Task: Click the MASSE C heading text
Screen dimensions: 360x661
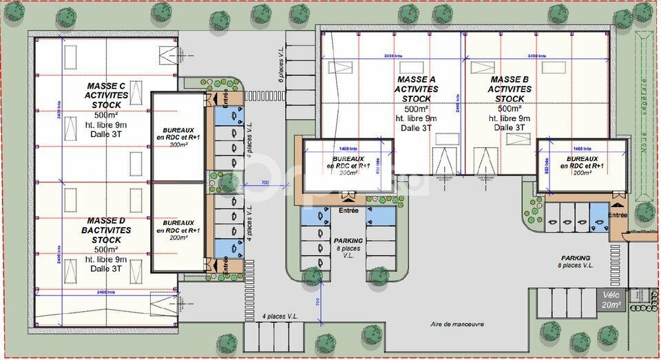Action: click(x=107, y=85)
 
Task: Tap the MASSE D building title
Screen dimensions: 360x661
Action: click(x=107, y=220)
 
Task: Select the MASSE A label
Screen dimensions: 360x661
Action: click(x=417, y=80)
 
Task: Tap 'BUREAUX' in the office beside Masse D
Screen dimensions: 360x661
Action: click(x=178, y=223)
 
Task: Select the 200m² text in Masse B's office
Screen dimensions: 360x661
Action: click(x=582, y=173)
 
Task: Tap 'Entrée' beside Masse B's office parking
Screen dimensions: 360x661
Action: click(x=618, y=215)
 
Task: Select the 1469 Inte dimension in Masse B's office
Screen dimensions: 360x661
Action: click(x=583, y=148)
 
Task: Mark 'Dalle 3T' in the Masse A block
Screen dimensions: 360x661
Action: click(x=417, y=127)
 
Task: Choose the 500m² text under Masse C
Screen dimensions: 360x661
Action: click(x=107, y=114)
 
